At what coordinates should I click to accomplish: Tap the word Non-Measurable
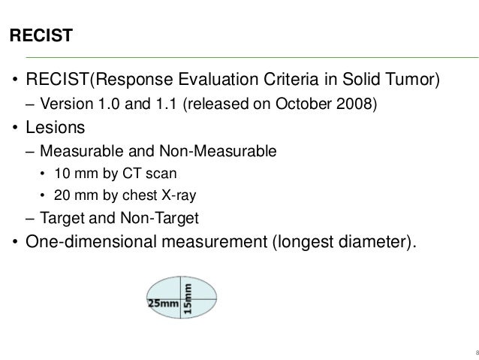click(x=227, y=151)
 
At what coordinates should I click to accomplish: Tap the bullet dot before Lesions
click(x=14, y=129)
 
